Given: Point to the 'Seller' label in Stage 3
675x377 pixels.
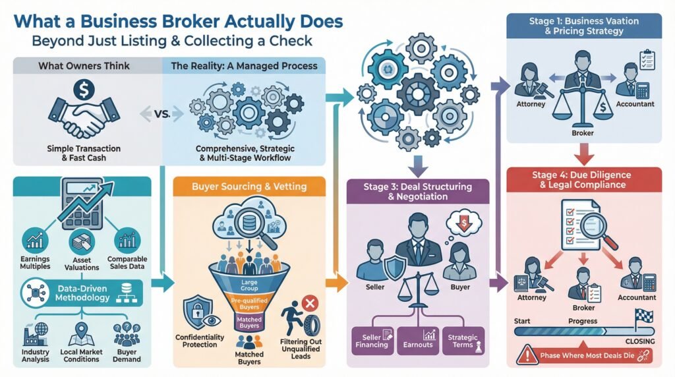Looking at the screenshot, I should click(374, 287).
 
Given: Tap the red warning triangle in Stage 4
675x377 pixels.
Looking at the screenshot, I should click(525, 355).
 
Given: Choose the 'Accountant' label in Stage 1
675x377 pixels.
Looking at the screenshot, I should click(635, 104).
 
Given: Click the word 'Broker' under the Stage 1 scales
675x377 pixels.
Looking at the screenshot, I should click(583, 133).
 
